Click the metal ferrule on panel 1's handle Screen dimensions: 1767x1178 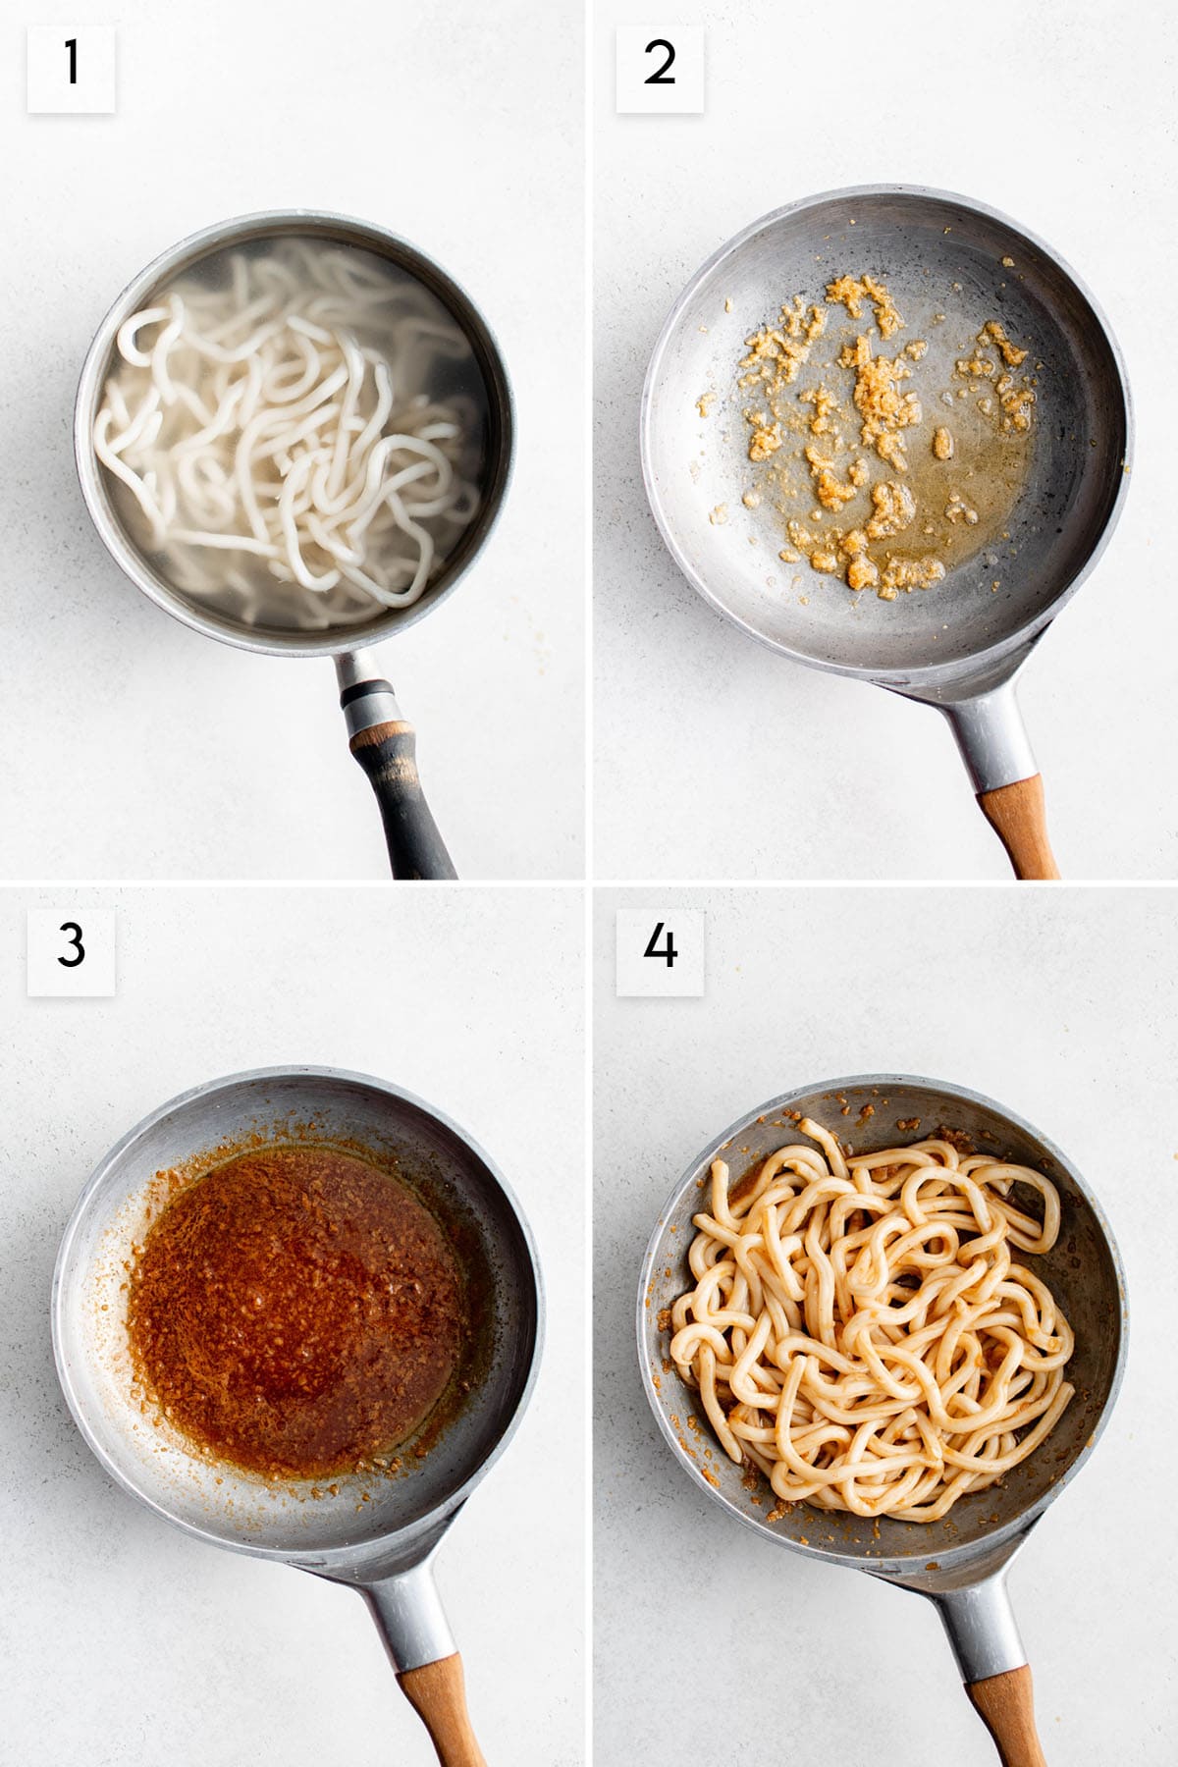coord(361,687)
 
